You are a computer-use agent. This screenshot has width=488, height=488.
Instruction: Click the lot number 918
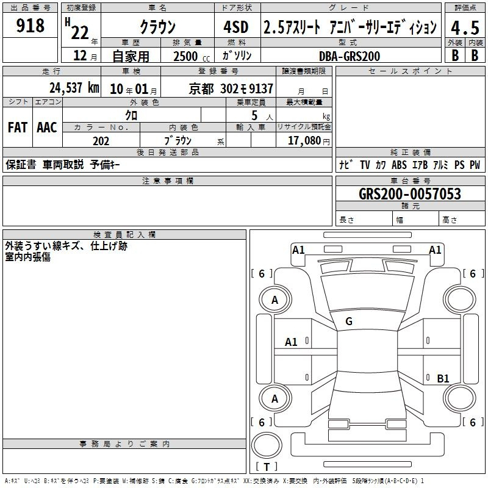30,25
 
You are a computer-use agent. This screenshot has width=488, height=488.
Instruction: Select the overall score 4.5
465,28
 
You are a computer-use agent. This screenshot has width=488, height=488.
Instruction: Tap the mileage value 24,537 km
74,88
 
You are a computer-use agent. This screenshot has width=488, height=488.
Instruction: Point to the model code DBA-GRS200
350,56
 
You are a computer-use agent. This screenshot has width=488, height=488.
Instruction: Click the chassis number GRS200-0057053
410,194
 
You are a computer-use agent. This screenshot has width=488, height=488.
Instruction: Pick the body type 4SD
236,27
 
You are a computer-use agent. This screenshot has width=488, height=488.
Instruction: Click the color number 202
101,141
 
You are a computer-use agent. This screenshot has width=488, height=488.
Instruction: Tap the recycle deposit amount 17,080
304,141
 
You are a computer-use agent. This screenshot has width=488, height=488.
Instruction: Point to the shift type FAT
18,127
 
